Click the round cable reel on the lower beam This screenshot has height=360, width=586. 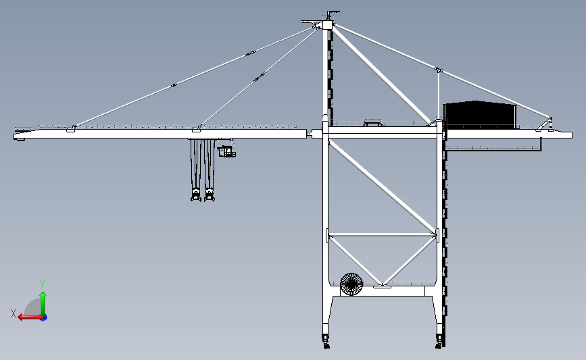pyautogui.click(x=351, y=284)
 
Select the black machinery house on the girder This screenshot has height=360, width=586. pyautogui.click(x=480, y=115)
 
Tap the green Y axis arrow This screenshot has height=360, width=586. pyautogui.click(x=43, y=304)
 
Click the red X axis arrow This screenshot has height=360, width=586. pyautogui.click(x=30, y=317)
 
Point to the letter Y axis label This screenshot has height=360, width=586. pyautogui.click(x=43, y=284)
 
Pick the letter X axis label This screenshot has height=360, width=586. pyautogui.click(x=14, y=313)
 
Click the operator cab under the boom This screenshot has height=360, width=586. pyautogui.click(x=226, y=151)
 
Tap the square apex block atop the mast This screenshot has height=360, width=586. pyautogui.click(x=326, y=26)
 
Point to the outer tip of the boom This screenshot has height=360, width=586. pyautogui.click(x=14, y=136)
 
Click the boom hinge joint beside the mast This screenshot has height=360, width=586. pyautogui.click(x=310, y=133)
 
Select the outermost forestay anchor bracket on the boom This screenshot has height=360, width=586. pyautogui.click(x=71, y=128)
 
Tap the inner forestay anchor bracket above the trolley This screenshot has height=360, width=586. pyautogui.click(x=197, y=128)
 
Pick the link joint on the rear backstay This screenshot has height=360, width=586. pyautogui.click(x=439, y=70)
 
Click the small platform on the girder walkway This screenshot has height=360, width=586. pyautogui.click(x=373, y=122)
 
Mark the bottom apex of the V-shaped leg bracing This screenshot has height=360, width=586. pyautogui.click(x=382, y=285)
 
